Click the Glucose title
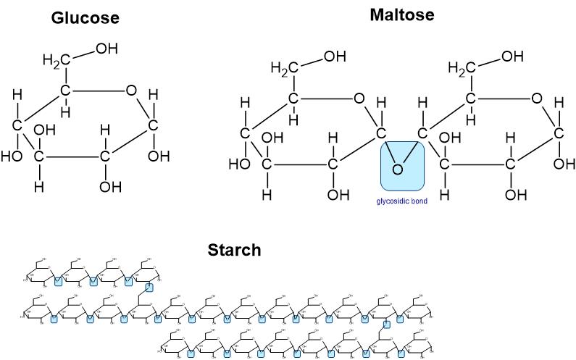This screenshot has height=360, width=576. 85,18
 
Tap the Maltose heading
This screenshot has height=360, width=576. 401,14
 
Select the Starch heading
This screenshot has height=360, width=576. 234,251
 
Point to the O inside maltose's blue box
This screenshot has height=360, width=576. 397,169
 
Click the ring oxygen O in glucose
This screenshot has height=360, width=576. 130,91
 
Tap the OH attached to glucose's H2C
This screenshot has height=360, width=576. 107,49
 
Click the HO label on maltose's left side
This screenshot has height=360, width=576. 239,164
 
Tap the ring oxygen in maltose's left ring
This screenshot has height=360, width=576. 359,98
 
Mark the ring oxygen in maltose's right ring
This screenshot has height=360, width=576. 537,98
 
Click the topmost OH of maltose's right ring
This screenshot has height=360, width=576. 512,56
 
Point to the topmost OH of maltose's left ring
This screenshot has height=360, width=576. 335,56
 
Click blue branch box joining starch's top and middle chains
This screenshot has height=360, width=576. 149,288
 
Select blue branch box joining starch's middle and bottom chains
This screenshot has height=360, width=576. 386,324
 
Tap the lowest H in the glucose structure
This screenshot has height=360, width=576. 38,186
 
